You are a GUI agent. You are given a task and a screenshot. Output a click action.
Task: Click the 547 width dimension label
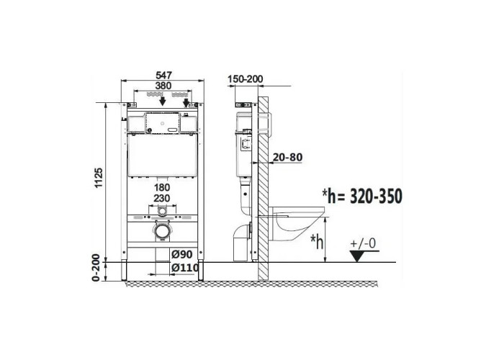(x=163, y=75)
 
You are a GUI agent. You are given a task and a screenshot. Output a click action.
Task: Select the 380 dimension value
(x=163, y=86)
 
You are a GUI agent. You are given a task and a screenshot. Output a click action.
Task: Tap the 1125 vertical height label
(x=99, y=178)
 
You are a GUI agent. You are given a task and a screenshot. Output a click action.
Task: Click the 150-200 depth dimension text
(x=246, y=78)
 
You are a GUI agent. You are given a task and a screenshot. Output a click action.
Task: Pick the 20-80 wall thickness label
(x=287, y=157)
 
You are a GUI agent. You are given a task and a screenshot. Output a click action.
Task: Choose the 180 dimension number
(x=162, y=187)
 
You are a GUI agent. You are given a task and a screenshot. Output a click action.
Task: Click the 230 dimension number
(x=162, y=198)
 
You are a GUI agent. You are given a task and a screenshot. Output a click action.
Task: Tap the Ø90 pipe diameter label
(x=182, y=254)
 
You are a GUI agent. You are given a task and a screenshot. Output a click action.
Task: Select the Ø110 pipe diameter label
(x=185, y=267)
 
